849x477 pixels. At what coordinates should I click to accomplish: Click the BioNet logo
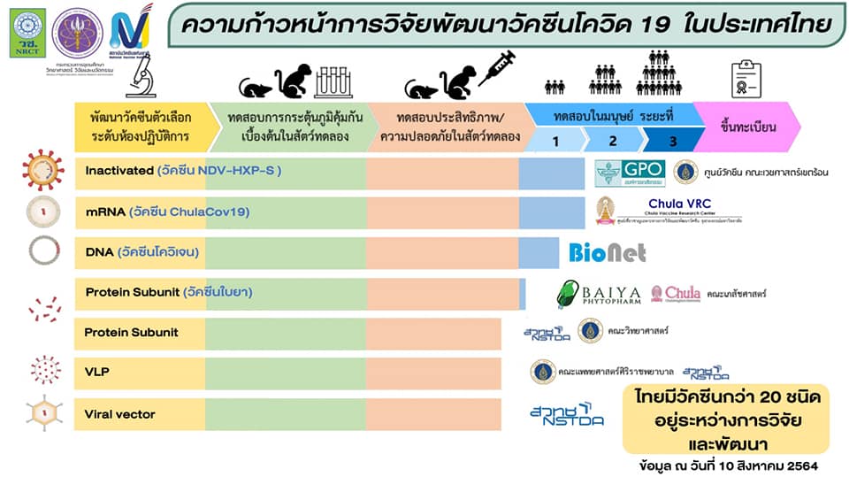607,253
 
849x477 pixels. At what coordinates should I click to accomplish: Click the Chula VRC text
678,204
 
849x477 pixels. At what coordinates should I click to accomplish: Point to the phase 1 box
555,140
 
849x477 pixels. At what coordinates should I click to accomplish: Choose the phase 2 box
613,140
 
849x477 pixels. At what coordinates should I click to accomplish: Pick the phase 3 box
672,140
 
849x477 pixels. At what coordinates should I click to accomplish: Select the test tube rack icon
332,81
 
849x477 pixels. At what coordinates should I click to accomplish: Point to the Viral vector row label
119,413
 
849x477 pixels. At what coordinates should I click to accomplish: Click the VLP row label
97,372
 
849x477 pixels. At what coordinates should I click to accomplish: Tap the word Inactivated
119,170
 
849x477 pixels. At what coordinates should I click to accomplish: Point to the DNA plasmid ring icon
42,251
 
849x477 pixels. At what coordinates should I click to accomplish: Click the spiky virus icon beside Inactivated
43,170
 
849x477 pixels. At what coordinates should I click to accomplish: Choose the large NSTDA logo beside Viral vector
567,414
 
